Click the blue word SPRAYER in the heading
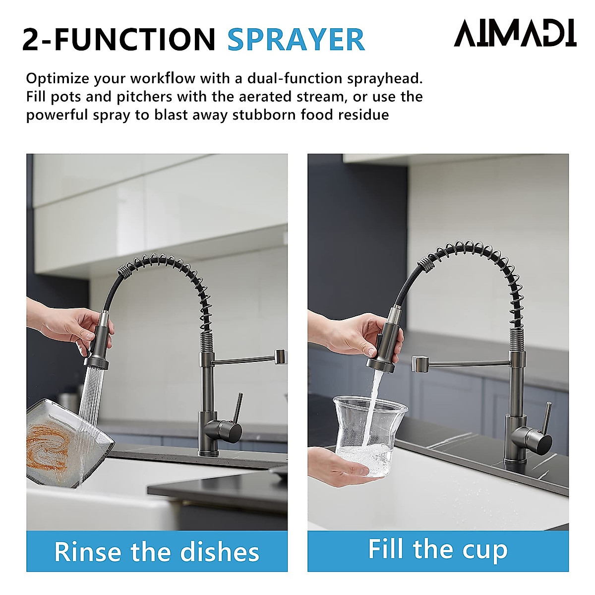coord(296,40)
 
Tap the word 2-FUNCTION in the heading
coord(119,40)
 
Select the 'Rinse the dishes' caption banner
coord(157,551)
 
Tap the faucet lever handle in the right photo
coord(546,419)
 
